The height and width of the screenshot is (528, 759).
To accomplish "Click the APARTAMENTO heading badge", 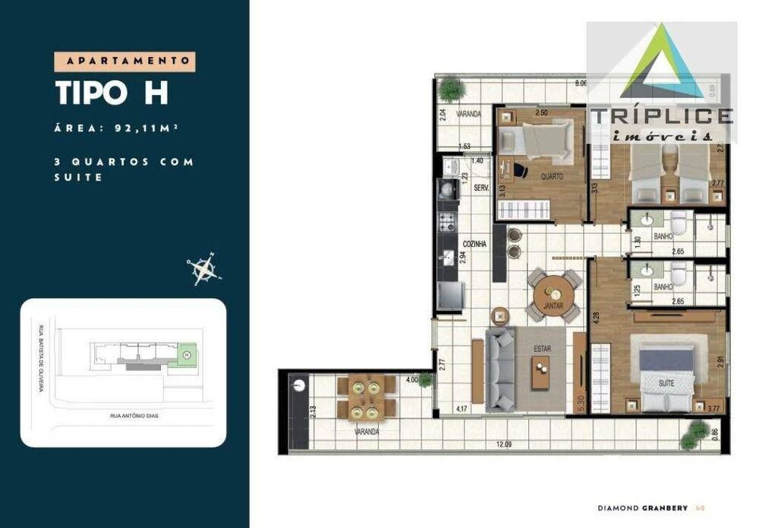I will click(125, 61).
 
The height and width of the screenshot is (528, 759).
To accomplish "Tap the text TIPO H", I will click(112, 92).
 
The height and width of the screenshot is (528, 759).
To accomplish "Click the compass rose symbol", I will click(203, 268).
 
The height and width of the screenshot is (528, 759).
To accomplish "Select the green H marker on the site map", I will click(187, 355).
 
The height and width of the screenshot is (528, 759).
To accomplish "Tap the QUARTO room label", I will click(552, 176).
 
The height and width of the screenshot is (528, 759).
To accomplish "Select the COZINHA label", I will click(476, 244).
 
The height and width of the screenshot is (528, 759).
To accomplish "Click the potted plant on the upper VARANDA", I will click(451, 90).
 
